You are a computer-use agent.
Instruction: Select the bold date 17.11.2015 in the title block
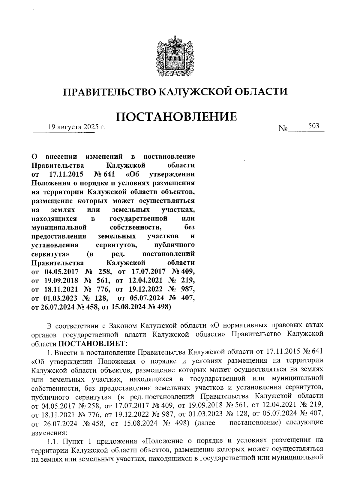66,174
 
